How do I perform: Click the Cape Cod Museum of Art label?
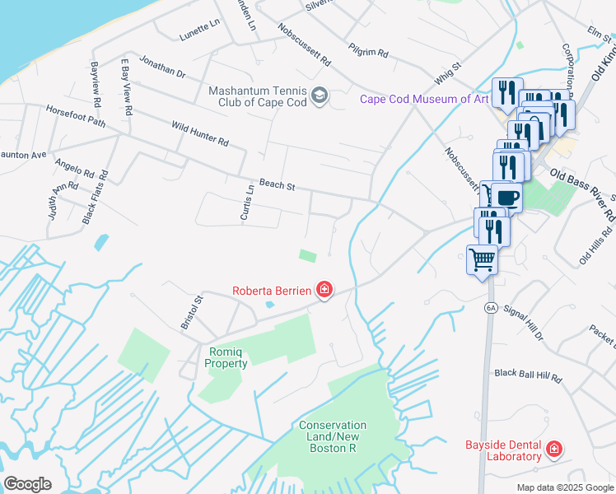coord(424,100)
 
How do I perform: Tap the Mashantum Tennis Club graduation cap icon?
coord(320,98)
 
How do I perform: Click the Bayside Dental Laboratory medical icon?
coord(554,450)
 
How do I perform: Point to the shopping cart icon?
coord(482,260)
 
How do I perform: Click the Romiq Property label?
coord(229,357)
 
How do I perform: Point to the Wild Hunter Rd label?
coord(199,133)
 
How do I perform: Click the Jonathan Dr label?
coord(162,68)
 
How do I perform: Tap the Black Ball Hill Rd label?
coord(528,375)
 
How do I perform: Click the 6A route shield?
coord(492,308)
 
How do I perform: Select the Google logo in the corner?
coord(27,484)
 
